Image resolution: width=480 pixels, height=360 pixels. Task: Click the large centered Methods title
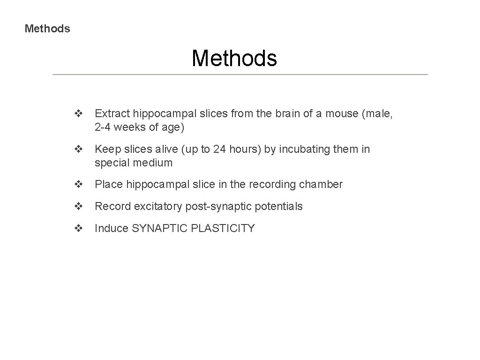234,59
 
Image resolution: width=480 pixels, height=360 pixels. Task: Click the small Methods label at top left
47,29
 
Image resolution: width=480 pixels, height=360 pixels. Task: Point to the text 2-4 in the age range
104,127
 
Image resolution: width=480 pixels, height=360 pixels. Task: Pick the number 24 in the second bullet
220,149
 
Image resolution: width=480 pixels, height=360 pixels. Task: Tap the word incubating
304,149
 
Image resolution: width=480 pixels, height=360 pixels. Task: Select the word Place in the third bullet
109,184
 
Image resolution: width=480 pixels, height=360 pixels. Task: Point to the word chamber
323,184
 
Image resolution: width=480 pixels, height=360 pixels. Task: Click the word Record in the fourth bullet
112,206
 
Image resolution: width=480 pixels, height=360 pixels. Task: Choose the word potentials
279,206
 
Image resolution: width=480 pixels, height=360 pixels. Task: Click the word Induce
112,228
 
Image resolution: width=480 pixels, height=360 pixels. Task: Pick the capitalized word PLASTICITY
221,228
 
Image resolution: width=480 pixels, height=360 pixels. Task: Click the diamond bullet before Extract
78,113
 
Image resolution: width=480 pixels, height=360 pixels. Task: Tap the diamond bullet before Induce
78,228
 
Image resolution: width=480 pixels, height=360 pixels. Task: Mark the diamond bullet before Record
78,206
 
